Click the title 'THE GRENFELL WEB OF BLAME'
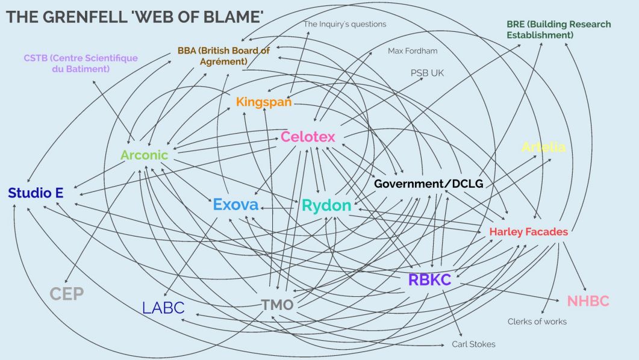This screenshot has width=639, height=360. (135, 17)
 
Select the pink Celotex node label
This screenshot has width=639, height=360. (308, 137)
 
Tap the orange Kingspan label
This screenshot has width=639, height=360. (264, 102)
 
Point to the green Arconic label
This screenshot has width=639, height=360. (144, 155)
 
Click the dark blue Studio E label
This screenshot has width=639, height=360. (36, 193)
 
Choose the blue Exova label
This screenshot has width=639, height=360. (235, 205)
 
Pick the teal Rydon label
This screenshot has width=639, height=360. (326, 205)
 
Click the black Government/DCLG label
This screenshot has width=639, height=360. (429, 183)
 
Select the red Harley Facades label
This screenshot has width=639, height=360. (528, 231)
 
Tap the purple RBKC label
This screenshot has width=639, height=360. (429, 280)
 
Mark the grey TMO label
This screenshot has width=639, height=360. (277, 305)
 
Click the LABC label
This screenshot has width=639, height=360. (163, 308)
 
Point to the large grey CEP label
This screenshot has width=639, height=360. (66, 294)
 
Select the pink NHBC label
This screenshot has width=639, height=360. (588, 301)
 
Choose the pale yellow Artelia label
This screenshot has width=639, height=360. (544, 147)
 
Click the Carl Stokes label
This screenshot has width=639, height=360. (473, 344)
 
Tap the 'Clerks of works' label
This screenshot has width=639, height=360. (537, 321)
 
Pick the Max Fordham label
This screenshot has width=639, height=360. (413, 51)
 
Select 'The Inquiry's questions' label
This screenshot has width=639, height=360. (344, 24)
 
